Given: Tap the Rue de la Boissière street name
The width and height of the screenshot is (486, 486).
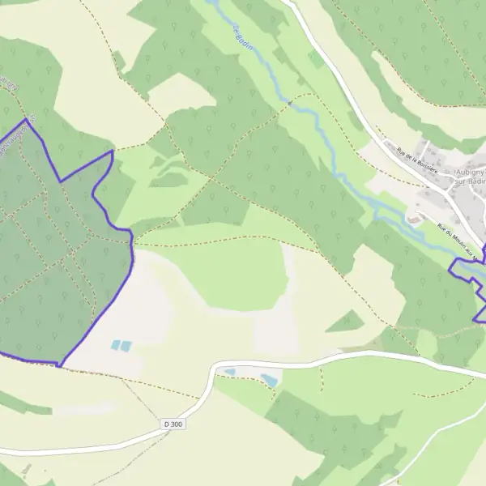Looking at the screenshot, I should tap(416, 160).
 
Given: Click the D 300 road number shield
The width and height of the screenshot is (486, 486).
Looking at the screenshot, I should tap(173, 424).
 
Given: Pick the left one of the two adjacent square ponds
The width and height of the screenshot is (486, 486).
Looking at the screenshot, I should tap(115, 346).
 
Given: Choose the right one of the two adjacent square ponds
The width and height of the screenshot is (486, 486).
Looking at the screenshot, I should tap(126, 346).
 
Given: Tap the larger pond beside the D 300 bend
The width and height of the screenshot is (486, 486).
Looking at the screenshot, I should tap(268, 378).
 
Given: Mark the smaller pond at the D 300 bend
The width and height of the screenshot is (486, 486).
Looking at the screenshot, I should tap(230, 373).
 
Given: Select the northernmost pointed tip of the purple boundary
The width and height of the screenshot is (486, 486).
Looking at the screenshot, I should tap(28, 120).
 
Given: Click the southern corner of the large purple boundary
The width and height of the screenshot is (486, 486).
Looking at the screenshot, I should tap(59, 364).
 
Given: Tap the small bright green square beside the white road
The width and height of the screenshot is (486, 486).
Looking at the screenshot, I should tap(316, 58).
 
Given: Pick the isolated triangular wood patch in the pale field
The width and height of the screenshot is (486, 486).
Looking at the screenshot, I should tap(347, 322).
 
